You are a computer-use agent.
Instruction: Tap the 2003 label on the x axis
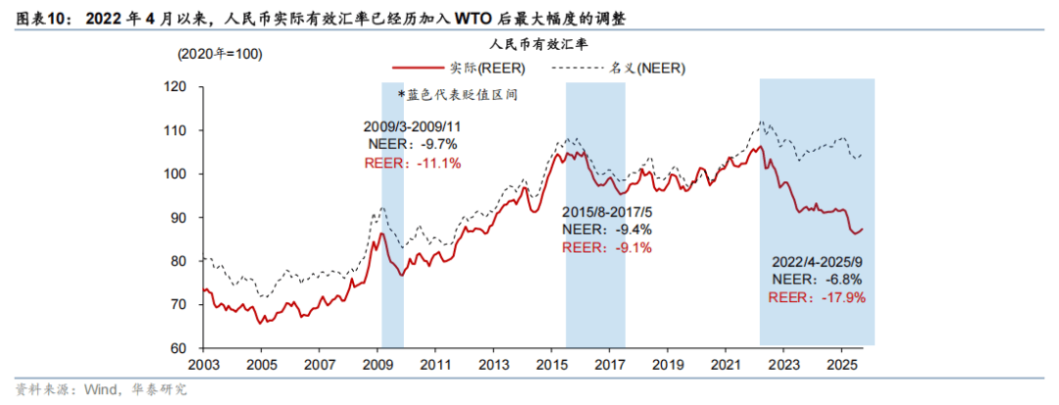pos(202,364)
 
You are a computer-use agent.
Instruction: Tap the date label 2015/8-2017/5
pos(608,212)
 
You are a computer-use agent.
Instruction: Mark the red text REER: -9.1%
pos(608,247)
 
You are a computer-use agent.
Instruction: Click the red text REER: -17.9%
pos(820,297)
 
